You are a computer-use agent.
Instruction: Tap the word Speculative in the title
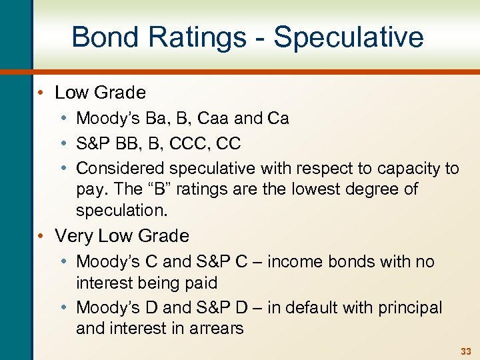coord(348,38)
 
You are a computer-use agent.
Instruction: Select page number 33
coord(465,351)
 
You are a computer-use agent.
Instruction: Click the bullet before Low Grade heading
coord(42,93)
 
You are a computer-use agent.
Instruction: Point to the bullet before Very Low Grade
coord(42,236)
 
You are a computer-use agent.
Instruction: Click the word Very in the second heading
coord(73,236)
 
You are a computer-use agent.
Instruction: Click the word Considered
coord(121,168)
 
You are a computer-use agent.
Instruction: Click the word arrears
coord(217,328)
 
